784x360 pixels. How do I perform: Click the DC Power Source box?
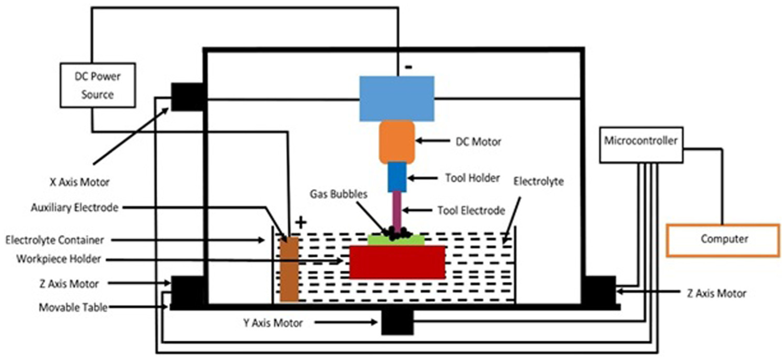pyautogui.click(x=98, y=85)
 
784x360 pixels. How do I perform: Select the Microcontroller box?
pyautogui.click(x=641, y=145)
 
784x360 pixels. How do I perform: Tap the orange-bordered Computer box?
pyautogui.click(x=723, y=241)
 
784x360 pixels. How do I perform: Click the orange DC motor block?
pyautogui.click(x=397, y=142)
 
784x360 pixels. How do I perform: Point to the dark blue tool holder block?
pyautogui.click(x=397, y=177)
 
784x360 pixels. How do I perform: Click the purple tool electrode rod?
pyautogui.click(x=397, y=209)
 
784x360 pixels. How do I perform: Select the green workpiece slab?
pyautogui.click(x=396, y=241)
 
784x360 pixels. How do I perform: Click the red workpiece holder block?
pyautogui.click(x=397, y=262)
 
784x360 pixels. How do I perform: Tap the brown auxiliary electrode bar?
pyautogui.click(x=289, y=269)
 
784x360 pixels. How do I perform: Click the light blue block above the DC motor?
pyautogui.click(x=397, y=99)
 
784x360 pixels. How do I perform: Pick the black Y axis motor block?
pyautogui.click(x=397, y=322)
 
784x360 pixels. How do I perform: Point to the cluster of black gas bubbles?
pyautogui.click(x=396, y=233)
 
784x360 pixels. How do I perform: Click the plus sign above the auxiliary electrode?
pyautogui.click(x=301, y=222)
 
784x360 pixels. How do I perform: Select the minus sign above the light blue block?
pyautogui.click(x=409, y=67)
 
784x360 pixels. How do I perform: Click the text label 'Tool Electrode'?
pyautogui.click(x=471, y=211)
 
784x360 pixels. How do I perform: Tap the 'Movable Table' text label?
pyautogui.click(x=73, y=307)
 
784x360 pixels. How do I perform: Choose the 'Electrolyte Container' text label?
pyautogui.click(x=55, y=240)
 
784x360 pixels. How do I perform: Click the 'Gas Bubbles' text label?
pyautogui.click(x=338, y=194)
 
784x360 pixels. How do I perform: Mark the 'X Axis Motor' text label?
pyautogui.click(x=79, y=182)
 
